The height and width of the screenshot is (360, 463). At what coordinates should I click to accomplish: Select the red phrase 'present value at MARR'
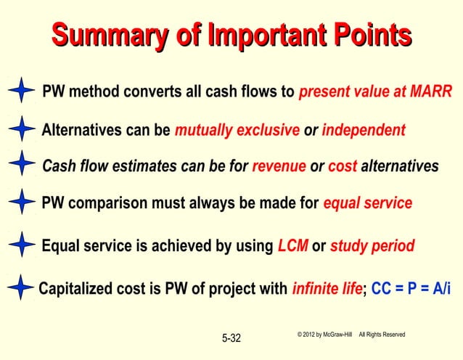click(375, 92)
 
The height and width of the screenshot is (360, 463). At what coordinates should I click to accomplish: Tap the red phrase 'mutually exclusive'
click(237, 131)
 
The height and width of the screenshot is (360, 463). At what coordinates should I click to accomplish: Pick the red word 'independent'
click(363, 131)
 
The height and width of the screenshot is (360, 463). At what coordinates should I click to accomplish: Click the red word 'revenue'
click(279, 166)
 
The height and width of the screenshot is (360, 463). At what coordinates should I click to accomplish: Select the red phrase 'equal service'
click(367, 203)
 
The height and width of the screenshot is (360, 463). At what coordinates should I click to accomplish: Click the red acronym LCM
click(293, 246)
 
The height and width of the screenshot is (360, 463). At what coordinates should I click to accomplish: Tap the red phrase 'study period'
click(372, 246)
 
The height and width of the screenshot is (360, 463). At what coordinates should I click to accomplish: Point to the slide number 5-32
click(231, 338)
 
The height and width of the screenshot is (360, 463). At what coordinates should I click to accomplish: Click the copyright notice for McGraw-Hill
click(351, 334)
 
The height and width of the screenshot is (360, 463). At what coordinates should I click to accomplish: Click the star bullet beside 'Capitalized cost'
click(21, 288)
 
